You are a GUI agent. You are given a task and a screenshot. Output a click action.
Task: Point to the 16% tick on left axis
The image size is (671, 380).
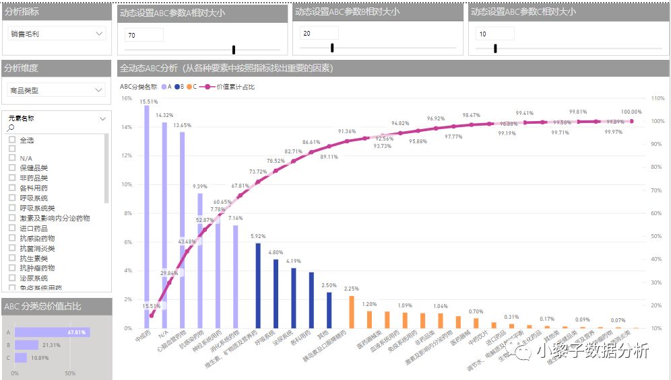pyautogui.click(x=127, y=98)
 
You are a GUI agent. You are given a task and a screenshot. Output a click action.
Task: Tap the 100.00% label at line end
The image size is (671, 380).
pyautogui.click(x=631, y=112)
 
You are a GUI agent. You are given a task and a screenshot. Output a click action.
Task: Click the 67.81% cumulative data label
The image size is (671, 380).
pyautogui.click(x=241, y=186)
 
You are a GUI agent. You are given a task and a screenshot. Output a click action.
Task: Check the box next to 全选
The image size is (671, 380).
pyautogui.click(x=12, y=140)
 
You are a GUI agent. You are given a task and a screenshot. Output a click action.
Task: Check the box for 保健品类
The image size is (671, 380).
pyautogui.click(x=12, y=167)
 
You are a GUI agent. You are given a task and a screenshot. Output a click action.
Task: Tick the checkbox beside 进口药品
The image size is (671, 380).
pyautogui.click(x=12, y=228)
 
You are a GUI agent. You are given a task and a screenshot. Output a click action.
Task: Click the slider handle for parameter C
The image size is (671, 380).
pyautogui.click(x=495, y=48)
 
